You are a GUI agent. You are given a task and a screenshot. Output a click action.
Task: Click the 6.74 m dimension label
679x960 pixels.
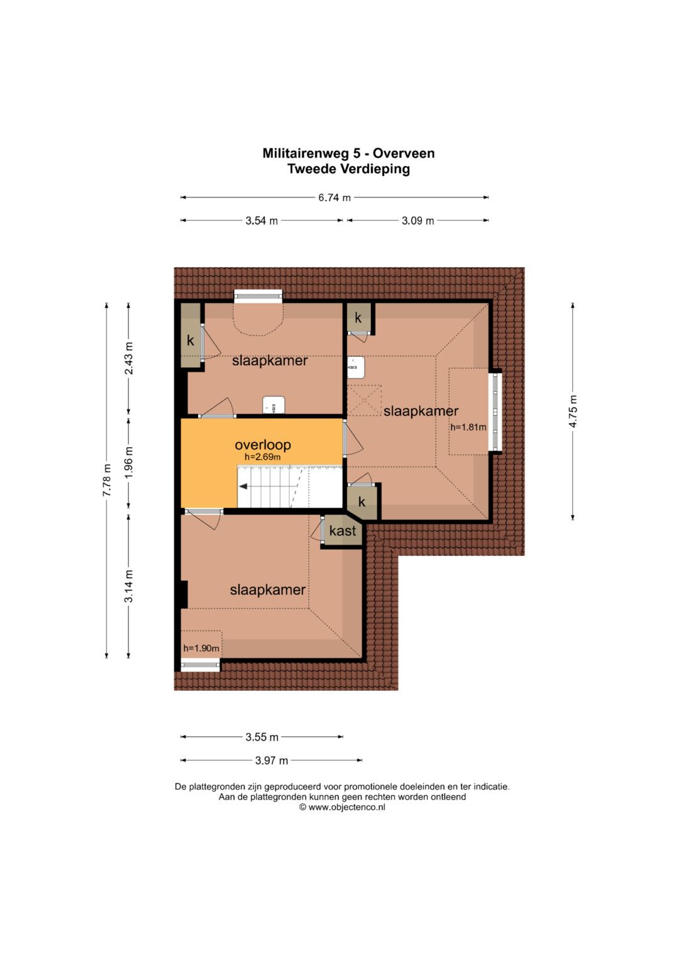pyautogui.click(x=334, y=197)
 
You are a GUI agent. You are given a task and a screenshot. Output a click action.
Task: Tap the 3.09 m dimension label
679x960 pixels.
pyautogui.click(x=417, y=221)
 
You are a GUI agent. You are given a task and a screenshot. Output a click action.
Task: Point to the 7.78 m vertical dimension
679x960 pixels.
pyautogui.click(x=107, y=480)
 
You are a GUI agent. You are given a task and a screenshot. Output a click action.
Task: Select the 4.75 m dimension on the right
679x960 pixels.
pyautogui.click(x=573, y=411)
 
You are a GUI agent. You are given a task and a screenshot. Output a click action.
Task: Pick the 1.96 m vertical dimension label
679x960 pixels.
pyautogui.click(x=129, y=463)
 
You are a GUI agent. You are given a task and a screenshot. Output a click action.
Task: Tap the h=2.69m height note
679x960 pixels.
pyautogui.click(x=262, y=457)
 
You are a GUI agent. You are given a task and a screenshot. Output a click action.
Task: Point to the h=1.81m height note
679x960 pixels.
pyautogui.click(x=468, y=427)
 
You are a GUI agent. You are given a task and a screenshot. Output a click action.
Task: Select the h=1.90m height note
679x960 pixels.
pyautogui.click(x=201, y=648)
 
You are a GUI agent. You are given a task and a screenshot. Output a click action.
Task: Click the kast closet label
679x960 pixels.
pyautogui.click(x=343, y=531)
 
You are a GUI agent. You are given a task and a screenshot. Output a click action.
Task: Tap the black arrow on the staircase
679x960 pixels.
pyautogui.click(x=243, y=487)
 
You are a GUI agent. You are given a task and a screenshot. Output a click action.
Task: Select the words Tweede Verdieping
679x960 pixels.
pyautogui.click(x=348, y=169)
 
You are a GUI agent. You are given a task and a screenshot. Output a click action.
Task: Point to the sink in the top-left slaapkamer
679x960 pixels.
pyautogui.click(x=273, y=405)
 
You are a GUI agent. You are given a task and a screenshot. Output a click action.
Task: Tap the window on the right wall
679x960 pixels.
pyautogui.click(x=496, y=411)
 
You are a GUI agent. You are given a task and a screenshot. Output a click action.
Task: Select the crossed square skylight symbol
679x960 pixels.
pyautogui.click(x=364, y=400)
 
